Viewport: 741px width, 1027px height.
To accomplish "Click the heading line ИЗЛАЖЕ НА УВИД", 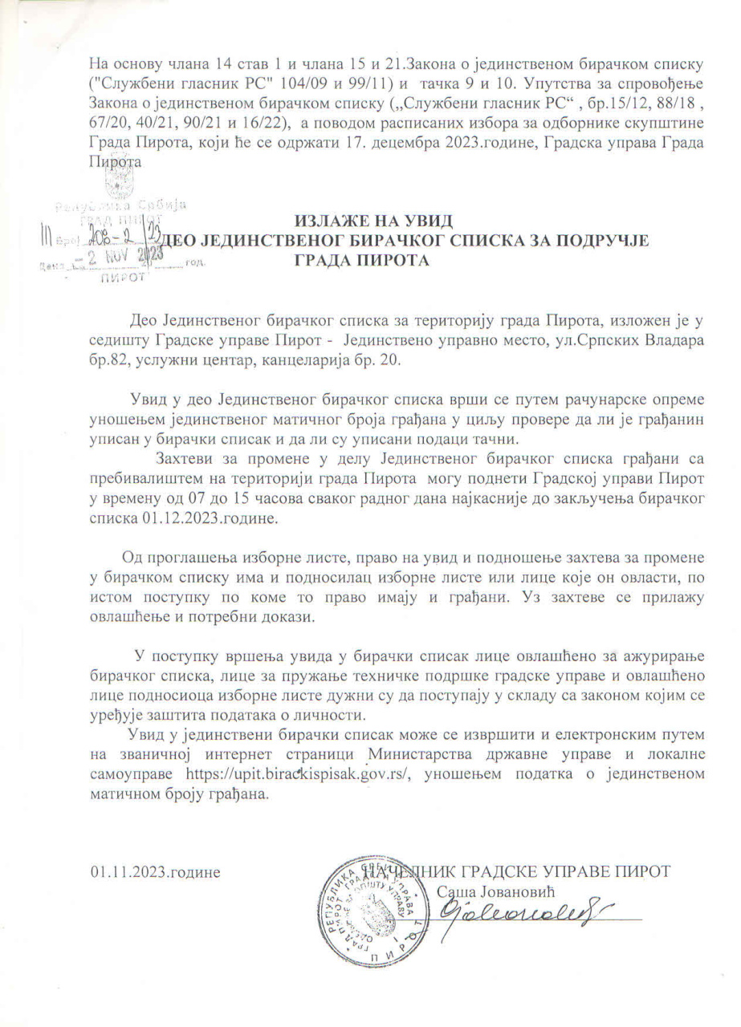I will click(x=375, y=221).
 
